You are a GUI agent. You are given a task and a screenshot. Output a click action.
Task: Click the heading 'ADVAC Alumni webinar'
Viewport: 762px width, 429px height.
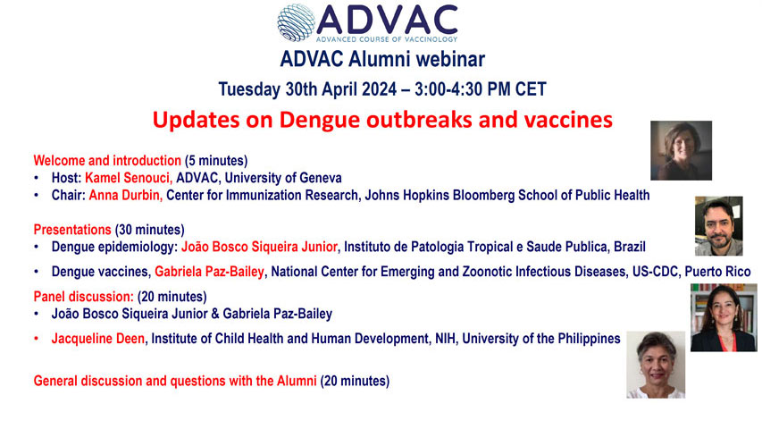tap(381, 60)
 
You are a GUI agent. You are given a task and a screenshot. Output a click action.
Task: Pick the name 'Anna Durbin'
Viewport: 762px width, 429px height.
tap(122, 195)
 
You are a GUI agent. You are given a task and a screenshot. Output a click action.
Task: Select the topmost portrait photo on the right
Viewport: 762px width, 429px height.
tap(681, 150)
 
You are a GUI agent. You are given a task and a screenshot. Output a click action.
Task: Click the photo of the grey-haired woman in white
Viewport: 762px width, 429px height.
tap(656, 365)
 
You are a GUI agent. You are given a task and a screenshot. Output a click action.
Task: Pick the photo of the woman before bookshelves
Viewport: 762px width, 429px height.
tap(723, 317)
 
